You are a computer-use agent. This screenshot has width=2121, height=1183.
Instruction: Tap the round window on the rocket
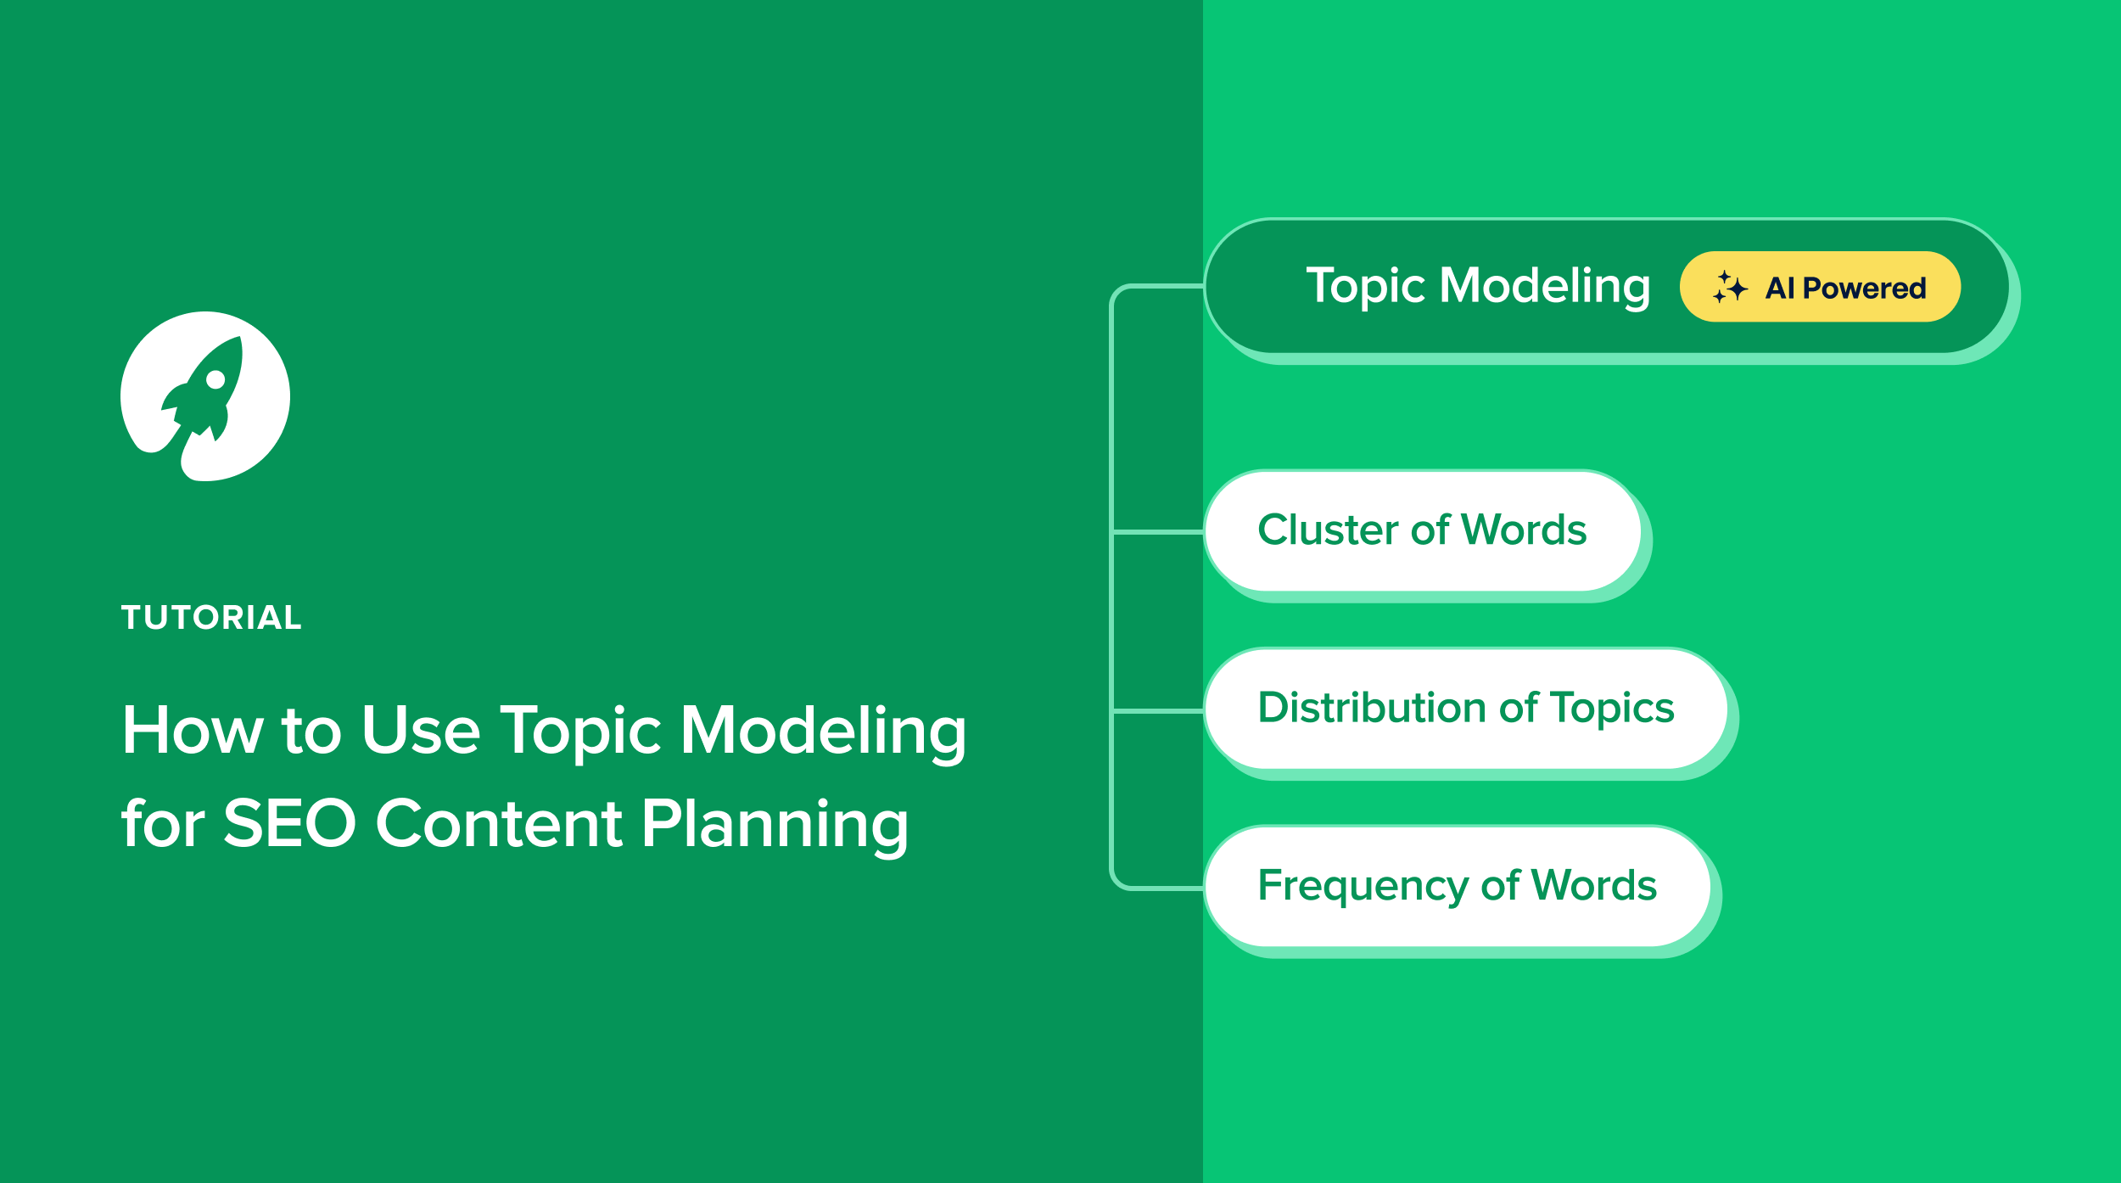215,379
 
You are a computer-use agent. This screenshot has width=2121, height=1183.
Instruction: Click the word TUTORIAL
211,617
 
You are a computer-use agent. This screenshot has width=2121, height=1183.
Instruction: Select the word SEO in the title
289,822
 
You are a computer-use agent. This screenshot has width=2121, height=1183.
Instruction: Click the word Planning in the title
775,824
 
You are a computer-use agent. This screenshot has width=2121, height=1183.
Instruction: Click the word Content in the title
499,822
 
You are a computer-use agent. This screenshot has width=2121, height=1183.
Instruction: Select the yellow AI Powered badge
1819,287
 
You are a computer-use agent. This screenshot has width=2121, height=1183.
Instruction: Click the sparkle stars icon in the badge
1729,287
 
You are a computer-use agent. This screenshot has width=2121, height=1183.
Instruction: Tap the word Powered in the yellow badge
1864,288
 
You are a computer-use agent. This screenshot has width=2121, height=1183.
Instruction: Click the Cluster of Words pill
1422,530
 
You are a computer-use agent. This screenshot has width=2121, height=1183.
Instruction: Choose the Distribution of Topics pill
1465,709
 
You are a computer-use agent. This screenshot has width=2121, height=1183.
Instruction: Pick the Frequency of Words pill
1457,886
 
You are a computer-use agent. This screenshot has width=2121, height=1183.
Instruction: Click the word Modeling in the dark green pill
1545,286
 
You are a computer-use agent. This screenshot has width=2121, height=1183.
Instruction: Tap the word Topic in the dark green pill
1365,286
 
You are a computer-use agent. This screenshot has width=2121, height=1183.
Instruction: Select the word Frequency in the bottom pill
1363,886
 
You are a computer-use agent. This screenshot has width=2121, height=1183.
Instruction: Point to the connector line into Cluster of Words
1158,532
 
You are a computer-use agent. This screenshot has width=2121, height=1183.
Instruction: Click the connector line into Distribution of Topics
1158,710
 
